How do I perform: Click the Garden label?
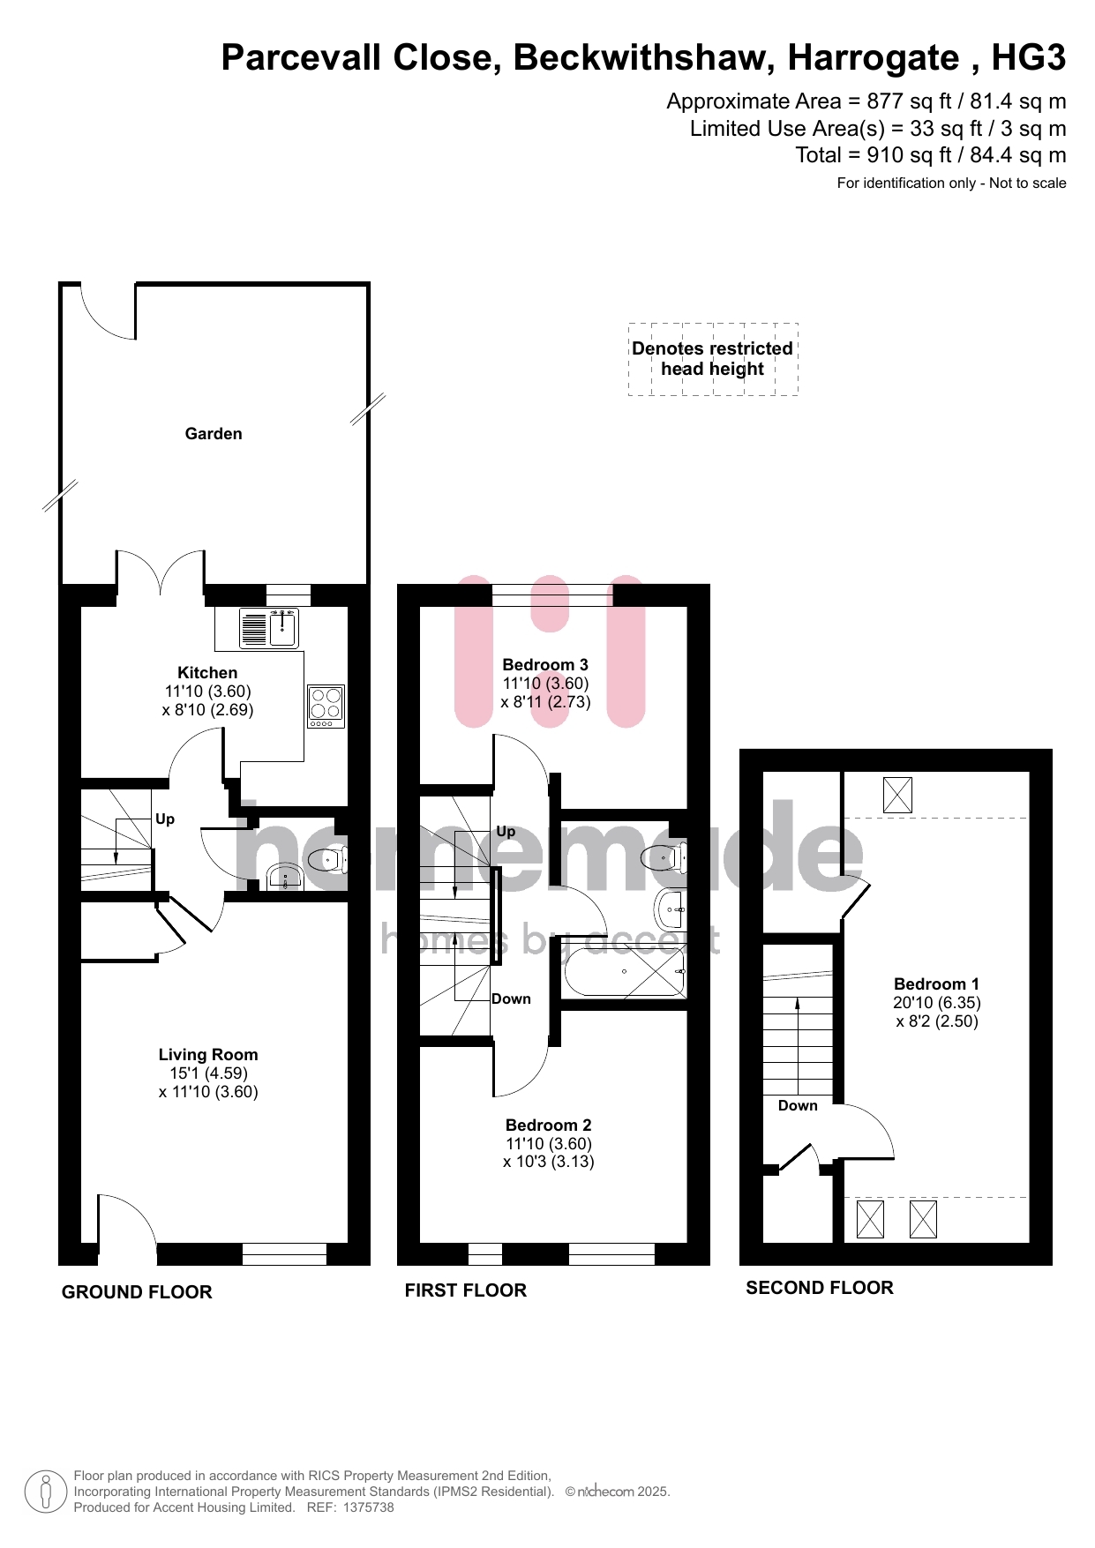(x=213, y=434)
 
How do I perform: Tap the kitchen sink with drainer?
(x=269, y=627)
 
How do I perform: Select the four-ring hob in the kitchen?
(x=326, y=707)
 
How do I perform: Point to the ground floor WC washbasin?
(x=284, y=877)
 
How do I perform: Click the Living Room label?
(x=208, y=1055)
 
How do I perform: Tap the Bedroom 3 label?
(x=545, y=665)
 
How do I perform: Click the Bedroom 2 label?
(x=549, y=1125)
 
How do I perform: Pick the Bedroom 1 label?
(x=936, y=984)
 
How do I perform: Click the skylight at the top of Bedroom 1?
(x=897, y=796)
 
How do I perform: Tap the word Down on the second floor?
(x=798, y=1106)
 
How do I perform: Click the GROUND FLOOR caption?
(x=137, y=1292)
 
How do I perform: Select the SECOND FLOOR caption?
(x=820, y=1288)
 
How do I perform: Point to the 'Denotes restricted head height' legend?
(x=713, y=359)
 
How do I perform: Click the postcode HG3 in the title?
(x=1029, y=58)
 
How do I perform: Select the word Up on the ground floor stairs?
(x=165, y=819)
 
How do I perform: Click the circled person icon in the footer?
(x=46, y=1492)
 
